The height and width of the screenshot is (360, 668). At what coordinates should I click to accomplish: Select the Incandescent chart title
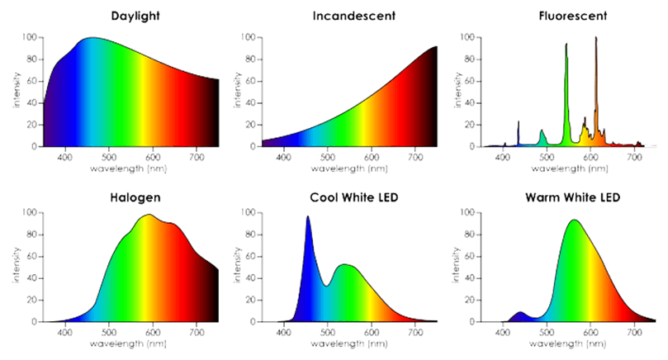(x=343, y=16)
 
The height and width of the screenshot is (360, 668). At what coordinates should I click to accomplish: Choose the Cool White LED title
(x=343, y=198)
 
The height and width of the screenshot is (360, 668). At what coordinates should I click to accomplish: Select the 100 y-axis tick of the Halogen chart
(x=28, y=212)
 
